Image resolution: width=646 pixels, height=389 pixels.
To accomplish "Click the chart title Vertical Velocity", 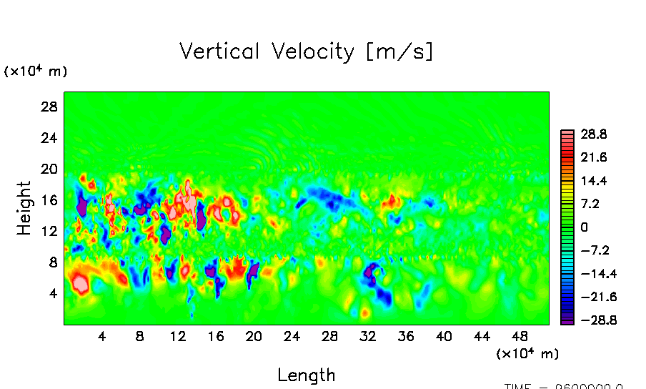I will point(306,52).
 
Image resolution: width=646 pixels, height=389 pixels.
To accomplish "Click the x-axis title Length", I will point(306,375).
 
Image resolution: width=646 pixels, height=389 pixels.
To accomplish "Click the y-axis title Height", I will point(24,208).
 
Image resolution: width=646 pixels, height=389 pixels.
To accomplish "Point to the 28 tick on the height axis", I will point(49,107).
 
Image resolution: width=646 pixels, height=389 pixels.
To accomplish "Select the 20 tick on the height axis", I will point(49,169).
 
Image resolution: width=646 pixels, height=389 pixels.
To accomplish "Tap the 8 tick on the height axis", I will point(52,262).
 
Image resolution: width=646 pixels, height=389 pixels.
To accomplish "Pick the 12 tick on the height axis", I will point(49,231).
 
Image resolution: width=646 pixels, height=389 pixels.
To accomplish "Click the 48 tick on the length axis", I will point(520,336).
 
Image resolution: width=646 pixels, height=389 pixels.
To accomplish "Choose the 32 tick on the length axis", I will point(367,336).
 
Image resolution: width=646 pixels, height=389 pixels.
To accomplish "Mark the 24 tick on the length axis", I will point(292,336).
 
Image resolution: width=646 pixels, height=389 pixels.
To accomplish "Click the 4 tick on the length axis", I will point(101,336).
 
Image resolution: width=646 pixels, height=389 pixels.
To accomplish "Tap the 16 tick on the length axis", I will point(215,336).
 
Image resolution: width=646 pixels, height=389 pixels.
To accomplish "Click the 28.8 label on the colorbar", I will point(594,134).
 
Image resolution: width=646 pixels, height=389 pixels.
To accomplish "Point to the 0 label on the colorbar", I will point(584,227).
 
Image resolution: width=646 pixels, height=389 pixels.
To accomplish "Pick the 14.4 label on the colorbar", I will point(594,181).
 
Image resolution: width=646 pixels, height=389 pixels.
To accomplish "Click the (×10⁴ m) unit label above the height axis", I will point(36,71).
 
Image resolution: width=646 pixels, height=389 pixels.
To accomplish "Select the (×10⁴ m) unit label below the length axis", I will point(527,353).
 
